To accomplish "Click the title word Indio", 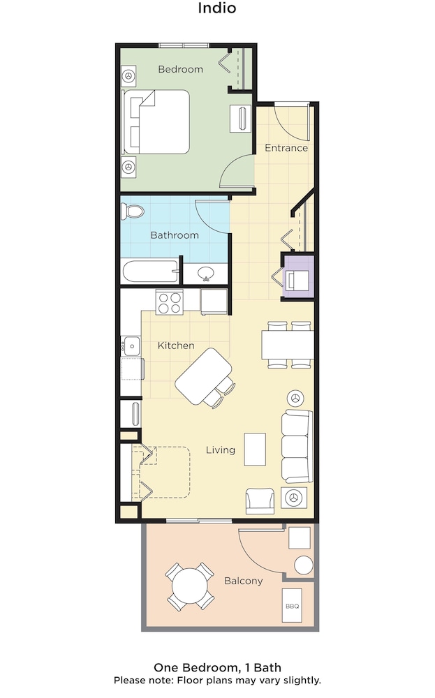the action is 217,8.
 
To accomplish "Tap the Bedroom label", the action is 180,69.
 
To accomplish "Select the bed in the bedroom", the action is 156,122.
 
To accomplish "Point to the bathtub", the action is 151,272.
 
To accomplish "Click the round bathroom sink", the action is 206,273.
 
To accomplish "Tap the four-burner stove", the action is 169,302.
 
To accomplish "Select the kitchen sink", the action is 132,346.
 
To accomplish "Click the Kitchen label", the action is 176,346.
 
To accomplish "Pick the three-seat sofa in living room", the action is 297,447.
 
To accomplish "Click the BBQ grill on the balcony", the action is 292,605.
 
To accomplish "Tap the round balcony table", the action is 190,586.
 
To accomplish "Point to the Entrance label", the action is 286,148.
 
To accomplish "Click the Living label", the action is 221,450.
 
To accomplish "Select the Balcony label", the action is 243,581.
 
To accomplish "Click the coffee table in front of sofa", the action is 255,449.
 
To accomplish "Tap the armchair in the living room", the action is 260,500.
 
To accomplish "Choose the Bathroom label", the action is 175,235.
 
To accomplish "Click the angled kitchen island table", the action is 204,376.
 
